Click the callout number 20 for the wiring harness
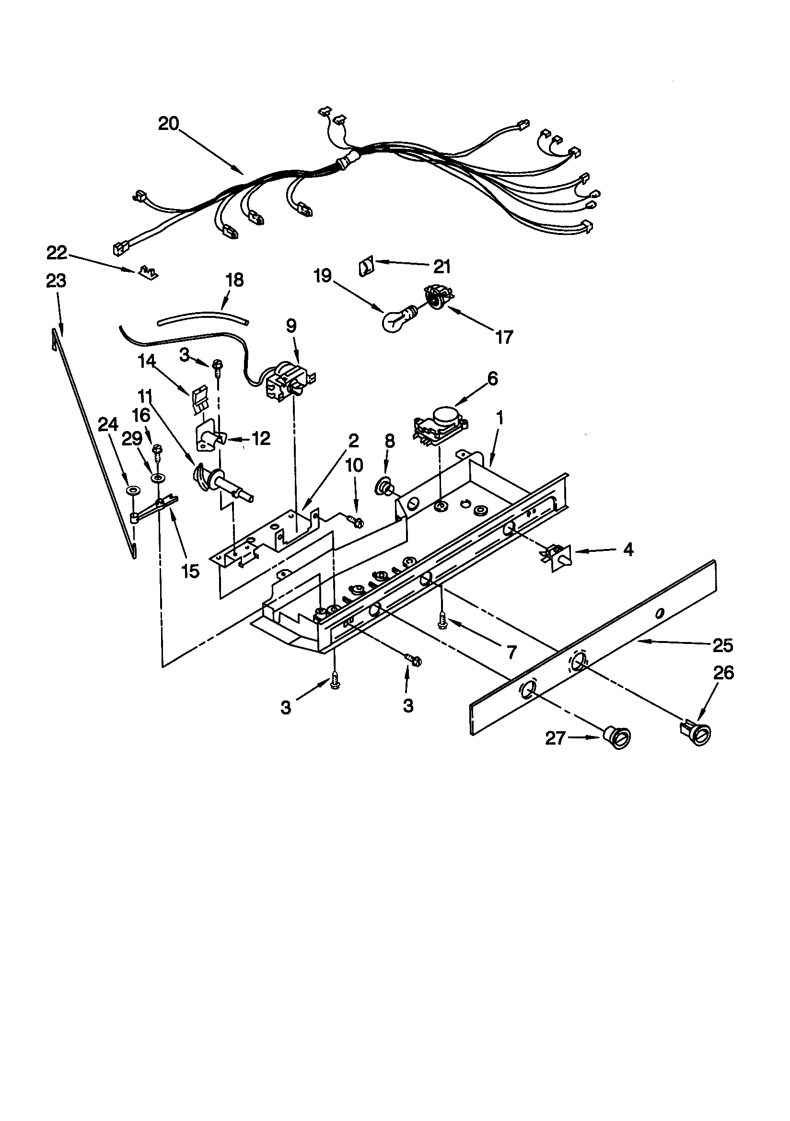[x=168, y=124]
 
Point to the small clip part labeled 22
[x=148, y=271]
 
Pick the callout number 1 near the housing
[x=500, y=418]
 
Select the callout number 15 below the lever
[x=190, y=570]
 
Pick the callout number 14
[x=147, y=362]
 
